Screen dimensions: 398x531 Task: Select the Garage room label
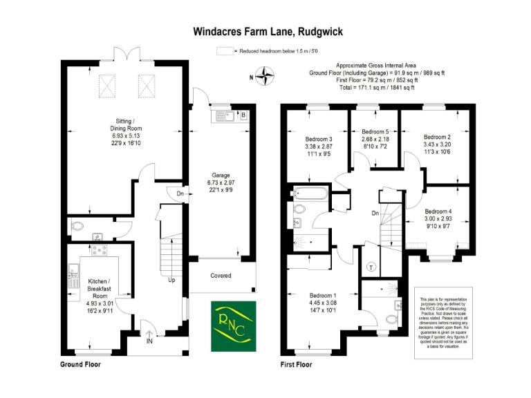[x=221, y=175]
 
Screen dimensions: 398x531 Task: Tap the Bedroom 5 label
[x=376, y=131]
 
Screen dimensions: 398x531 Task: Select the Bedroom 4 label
[x=438, y=211]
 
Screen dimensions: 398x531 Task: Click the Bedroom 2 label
[x=437, y=137]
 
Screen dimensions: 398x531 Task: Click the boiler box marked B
[x=243, y=115]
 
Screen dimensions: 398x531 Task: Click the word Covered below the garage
[x=221, y=276]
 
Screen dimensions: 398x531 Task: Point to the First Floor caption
[x=298, y=363]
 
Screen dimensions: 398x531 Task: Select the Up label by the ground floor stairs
[x=171, y=280]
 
